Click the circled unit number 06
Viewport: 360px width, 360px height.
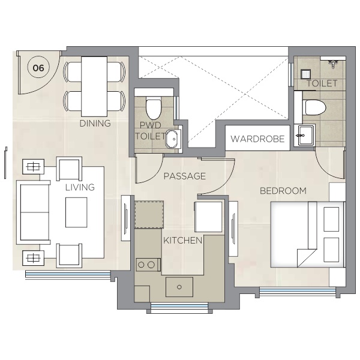(38, 68)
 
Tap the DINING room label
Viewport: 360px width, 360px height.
(95, 124)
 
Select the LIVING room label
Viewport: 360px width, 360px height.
(80, 187)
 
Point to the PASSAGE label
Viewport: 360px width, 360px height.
(185, 176)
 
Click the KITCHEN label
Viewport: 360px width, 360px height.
(183, 241)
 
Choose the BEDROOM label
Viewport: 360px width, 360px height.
(283, 191)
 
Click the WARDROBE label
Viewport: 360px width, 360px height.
(257, 139)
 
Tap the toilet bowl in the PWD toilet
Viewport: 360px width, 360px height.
(154, 109)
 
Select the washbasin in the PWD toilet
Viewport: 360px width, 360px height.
(173, 139)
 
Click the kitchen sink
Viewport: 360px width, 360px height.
(179, 287)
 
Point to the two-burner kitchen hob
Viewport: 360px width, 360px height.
(148, 265)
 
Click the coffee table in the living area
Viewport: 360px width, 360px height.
(76, 212)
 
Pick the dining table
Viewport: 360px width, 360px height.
(94, 86)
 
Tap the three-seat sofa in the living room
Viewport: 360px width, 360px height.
(33, 212)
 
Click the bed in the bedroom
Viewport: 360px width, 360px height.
(308, 235)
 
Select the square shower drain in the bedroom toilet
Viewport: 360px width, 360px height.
(305, 74)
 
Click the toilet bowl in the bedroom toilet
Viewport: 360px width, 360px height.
(314, 107)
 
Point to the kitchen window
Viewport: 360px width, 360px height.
(179, 307)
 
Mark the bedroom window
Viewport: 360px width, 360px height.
(298, 291)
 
